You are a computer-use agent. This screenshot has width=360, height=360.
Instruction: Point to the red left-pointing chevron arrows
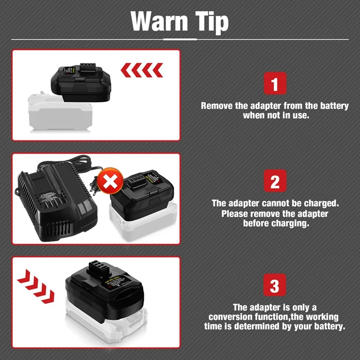pyautogui.click(x=142, y=70)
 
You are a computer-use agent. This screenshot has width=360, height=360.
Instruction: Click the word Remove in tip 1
pyautogui.click(x=216, y=106)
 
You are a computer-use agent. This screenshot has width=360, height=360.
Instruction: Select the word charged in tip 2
pyautogui.click(x=322, y=203)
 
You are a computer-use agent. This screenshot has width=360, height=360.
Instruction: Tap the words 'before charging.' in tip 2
pyautogui.click(x=276, y=224)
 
